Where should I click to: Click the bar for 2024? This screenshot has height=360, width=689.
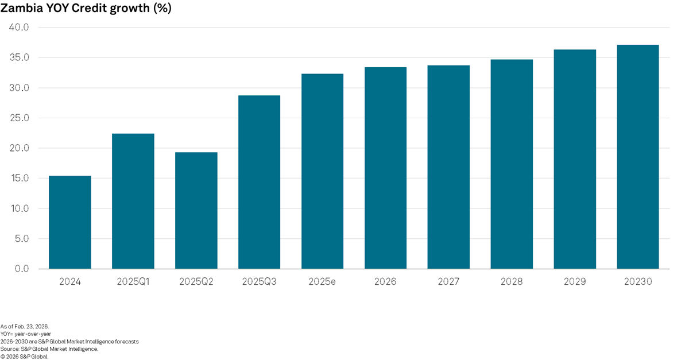[x=69, y=222]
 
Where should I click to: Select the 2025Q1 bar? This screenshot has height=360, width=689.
[x=133, y=201]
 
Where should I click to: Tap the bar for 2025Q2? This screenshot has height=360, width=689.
[x=196, y=211]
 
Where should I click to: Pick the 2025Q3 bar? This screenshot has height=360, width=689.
[x=259, y=182]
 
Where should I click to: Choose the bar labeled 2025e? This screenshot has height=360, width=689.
[x=322, y=171]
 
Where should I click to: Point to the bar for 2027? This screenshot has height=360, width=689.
[x=448, y=167]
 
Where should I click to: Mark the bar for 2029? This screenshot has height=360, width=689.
[x=575, y=159]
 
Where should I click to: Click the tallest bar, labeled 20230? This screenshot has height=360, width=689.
[x=638, y=157]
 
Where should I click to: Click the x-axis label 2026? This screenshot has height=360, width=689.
[x=385, y=282]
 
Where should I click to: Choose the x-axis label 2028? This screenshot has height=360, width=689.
[x=512, y=282]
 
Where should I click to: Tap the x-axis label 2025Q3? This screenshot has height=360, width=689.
[x=259, y=282]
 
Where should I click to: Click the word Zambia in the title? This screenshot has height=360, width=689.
[x=22, y=9]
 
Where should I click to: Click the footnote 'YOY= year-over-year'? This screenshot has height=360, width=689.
[x=26, y=334]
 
